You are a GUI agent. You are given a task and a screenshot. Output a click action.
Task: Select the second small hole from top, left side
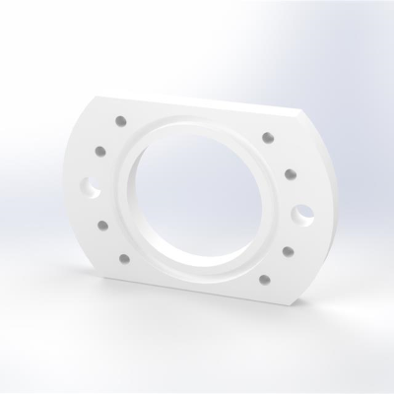(100, 153)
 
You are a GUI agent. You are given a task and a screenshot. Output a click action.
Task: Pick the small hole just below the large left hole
(103, 226)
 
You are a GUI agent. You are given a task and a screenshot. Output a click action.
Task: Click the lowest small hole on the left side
(124, 258)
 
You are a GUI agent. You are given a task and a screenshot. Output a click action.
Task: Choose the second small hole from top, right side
(290, 173)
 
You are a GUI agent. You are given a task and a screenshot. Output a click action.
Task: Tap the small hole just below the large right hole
(289, 252)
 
